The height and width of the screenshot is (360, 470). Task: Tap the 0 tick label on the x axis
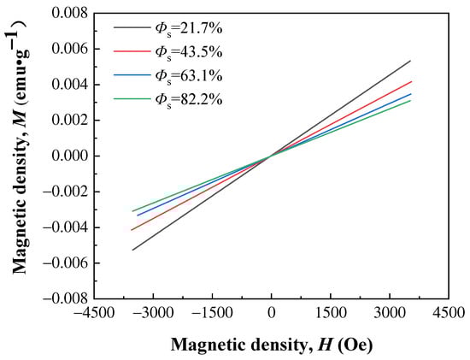271,313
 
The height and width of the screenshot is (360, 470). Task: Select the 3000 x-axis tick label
390,313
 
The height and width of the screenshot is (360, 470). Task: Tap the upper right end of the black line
411,61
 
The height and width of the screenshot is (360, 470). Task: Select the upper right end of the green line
411,101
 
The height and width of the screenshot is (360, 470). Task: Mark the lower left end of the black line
132,250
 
